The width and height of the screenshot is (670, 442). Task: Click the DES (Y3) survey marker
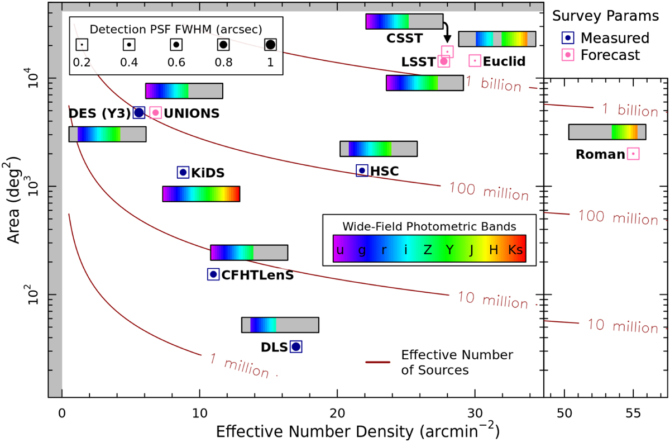pyautogui.click(x=139, y=112)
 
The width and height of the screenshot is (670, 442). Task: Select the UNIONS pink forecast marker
pyautogui.click(x=156, y=112)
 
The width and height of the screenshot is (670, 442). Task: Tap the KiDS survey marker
pyautogui.click(x=183, y=172)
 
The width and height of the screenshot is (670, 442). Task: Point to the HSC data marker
pyautogui.click(x=362, y=170)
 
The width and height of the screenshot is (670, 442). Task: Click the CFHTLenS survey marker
pyautogui.click(x=213, y=274)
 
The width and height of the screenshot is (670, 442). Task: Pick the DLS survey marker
pyautogui.click(x=296, y=346)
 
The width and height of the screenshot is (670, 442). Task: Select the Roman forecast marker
pyautogui.click(x=633, y=154)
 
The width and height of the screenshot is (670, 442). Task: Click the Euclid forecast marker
pyautogui.click(x=475, y=60)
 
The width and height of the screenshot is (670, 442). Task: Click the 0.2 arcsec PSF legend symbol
pyautogui.click(x=82, y=44)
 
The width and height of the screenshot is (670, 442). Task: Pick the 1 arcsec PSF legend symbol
pyautogui.click(x=270, y=44)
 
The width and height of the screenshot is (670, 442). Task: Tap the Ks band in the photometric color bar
pyautogui.click(x=516, y=250)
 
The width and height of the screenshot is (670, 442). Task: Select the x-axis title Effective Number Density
pyautogui.click(x=357, y=431)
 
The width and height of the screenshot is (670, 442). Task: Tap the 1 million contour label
pyautogui.click(x=243, y=365)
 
